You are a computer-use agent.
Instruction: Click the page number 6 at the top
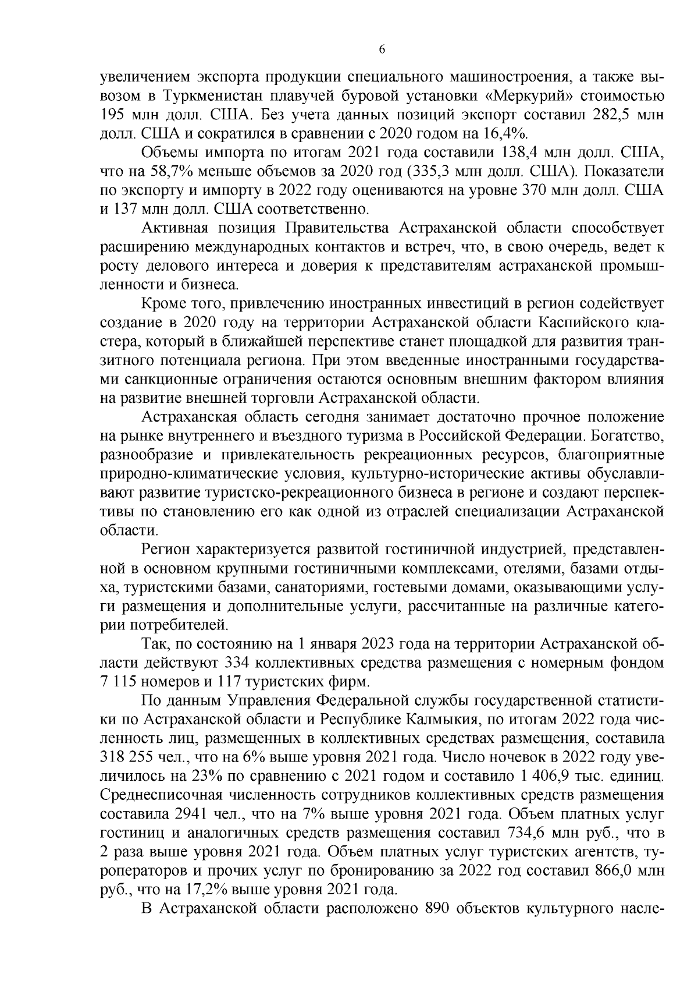tap(382, 50)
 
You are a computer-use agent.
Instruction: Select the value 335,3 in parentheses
tap(433, 173)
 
